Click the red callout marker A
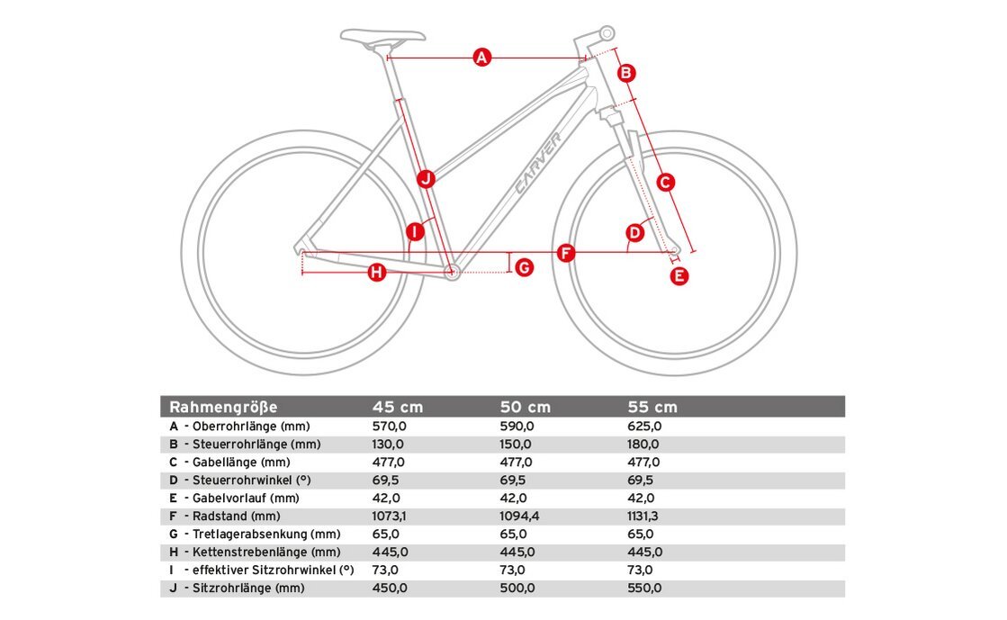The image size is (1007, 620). tap(481, 58)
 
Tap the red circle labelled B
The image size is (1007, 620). tap(627, 73)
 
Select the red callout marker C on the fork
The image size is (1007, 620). tap(665, 183)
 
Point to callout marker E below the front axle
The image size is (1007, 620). tap(680, 276)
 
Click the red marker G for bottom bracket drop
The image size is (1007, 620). tap(524, 266)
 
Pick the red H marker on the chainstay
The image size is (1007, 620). tap(376, 272)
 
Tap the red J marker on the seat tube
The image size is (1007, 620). tap(427, 178)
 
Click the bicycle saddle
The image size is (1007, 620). tap(382, 36)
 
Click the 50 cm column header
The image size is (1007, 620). tap(525, 407)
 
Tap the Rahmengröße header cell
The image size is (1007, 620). tap(223, 407)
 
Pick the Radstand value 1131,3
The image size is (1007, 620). tap(646, 517)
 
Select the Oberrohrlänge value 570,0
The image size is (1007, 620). tap(389, 427)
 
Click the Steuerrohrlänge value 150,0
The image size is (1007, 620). tap(516, 445)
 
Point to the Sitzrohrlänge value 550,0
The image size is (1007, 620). tap(643, 589)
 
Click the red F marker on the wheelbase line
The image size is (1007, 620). tap(565, 253)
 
